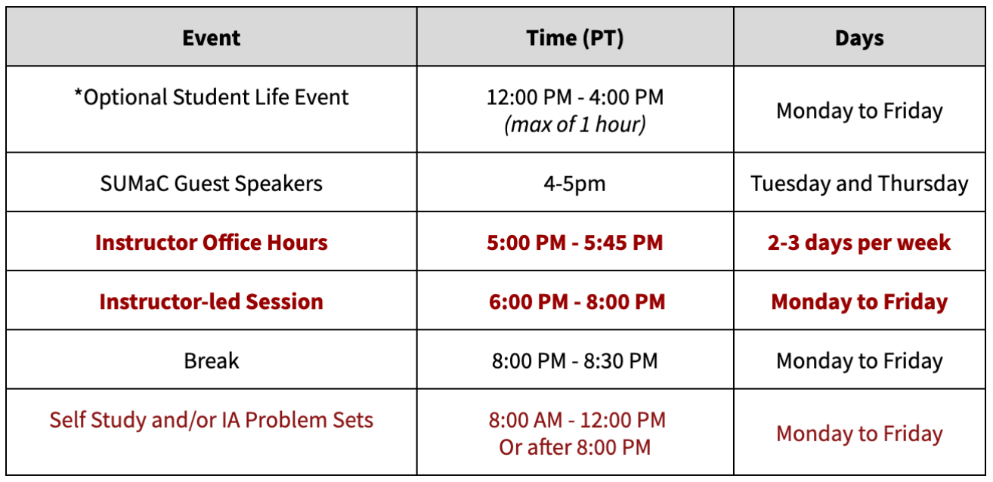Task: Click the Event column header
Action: coord(212,38)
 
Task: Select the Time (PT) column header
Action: coord(574,38)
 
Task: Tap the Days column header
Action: coord(859,38)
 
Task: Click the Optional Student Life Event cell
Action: coord(212,97)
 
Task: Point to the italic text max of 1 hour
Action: coord(574,124)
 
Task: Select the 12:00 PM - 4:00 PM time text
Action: coord(574,97)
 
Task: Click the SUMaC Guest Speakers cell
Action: coord(212,183)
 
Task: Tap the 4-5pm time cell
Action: coord(574,184)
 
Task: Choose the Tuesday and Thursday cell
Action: coord(859,183)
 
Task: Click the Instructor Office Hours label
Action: coord(212,243)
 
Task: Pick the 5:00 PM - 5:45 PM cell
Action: coord(574,243)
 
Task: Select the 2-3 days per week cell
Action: coord(859,243)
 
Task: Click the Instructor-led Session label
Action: coord(212,301)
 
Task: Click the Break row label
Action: coord(212,360)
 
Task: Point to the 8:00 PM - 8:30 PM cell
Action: coord(574,360)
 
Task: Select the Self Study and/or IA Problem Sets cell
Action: coord(212,420)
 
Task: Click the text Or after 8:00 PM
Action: coord(574,446)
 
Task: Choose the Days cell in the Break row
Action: coord(859,360)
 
